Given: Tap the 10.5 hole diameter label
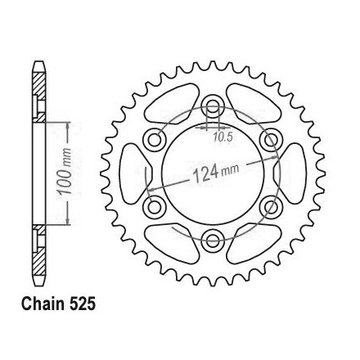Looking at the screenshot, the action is pyautogui.click(x=223, y=137).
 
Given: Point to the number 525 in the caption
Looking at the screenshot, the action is pyautogui.click(x=82, y=304).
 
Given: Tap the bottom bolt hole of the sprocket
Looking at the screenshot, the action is pyautogui.click(x=213, y=241).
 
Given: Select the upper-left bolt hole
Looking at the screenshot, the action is pyautogui.click(x=155, y=140).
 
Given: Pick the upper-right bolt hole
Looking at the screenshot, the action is pyautogui.click(x=271, y=140).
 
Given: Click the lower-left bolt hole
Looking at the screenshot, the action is pyautogui.click(x=155, y=207).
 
